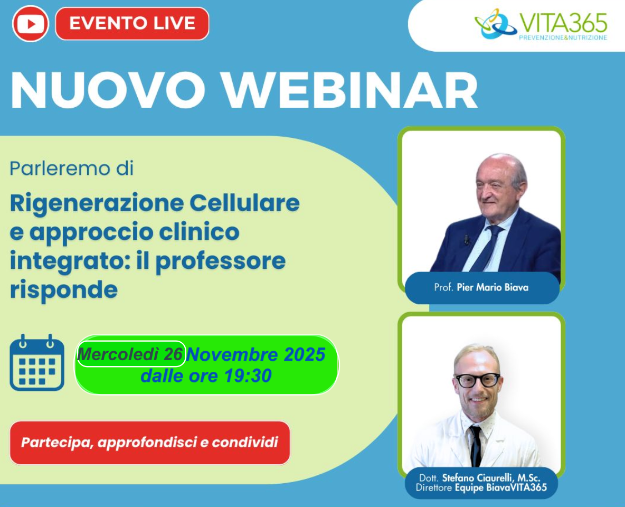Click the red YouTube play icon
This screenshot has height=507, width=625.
pos(30,24)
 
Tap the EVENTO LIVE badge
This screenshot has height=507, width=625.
pos(132,24)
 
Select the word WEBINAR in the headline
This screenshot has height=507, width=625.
pos(350,90)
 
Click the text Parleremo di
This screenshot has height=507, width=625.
pos(71,168)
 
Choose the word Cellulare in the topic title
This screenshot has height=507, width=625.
pos(244,203)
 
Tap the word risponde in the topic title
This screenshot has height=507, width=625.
pos(64,290)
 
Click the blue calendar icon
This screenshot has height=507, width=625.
pos(36,363)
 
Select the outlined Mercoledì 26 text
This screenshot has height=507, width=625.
pos(131,354)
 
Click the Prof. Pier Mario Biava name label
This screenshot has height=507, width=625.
pos(481,287)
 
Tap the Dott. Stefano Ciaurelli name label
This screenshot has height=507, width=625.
pos(481,483)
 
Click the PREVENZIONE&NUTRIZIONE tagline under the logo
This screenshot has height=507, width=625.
pos(563,37)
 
